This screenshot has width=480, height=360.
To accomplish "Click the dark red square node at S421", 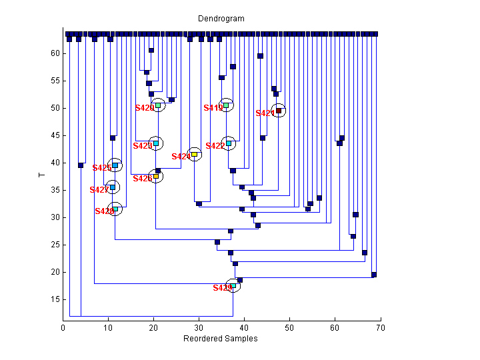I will pos(279,111).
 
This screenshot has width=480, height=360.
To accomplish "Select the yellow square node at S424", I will pos(194,154).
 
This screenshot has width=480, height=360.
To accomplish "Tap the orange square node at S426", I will pos(156,176).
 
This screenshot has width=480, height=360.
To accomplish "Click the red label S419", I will pos(213,108).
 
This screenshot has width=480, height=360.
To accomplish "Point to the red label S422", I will pos(215,146).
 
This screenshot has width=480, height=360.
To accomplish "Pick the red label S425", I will pos(102,168).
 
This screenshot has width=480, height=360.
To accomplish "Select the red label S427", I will pos(99,190).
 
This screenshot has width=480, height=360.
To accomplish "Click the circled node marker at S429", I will pos(233,285).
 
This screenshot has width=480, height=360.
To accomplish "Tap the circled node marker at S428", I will pos(115,209).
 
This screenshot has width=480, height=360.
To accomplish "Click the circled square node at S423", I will pos(156,143).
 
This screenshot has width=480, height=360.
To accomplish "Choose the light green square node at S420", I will pos(158,105).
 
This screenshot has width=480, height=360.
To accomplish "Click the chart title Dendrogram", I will pos(221,19).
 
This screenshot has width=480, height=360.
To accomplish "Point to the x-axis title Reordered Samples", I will pos(221,339).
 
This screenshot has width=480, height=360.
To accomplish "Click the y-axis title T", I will pos(41,175).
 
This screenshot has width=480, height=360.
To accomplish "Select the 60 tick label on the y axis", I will pos(55,53).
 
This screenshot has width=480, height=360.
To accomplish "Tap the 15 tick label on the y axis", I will pos(55,299).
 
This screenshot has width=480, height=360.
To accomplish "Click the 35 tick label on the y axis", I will pos(55,190).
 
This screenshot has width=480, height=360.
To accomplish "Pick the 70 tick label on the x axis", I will pos(380,327).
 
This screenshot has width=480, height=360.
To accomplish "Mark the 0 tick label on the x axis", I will pos(63,327).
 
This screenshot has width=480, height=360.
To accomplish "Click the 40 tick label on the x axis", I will pos(244,327).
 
